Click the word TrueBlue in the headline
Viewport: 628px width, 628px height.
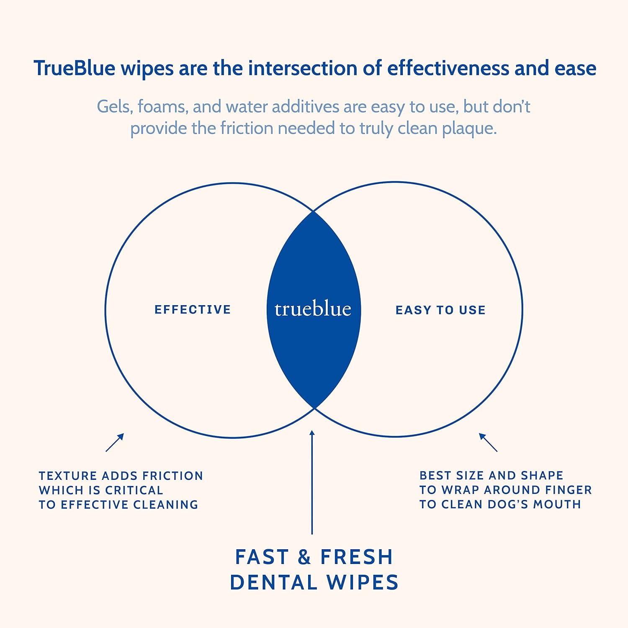tap(75, 68)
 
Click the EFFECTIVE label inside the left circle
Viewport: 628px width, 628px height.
tap(193, 309)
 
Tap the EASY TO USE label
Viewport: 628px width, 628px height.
tap(440, 310)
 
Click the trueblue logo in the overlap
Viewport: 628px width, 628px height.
tap(313, 309)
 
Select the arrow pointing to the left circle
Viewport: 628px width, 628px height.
tap(115, 443)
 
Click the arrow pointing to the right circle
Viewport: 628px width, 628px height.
tap(488, 443)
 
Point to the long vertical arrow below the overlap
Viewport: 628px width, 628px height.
tap(312, 482)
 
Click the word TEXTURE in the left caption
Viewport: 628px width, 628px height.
tap(68, 476)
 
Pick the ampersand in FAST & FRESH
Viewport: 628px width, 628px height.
tap(304, 557)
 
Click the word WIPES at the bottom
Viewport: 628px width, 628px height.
tap(363, 583)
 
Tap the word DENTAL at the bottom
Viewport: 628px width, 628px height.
tap(273, 583)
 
